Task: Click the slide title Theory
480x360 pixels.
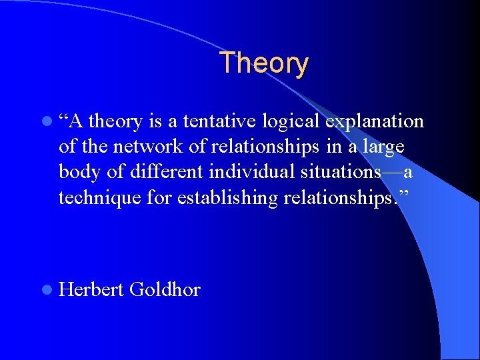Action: pyautogui.click(x=264, y=63)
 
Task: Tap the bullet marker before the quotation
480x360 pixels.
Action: pyautogui.click(x=45, y=121)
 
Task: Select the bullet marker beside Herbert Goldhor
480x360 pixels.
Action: pyautogui.click(x=45, y=290)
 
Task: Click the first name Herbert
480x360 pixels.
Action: pyautogui.click(x=91, y=290)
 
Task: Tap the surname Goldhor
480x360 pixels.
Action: pyautogui.click(x=165, y=290)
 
